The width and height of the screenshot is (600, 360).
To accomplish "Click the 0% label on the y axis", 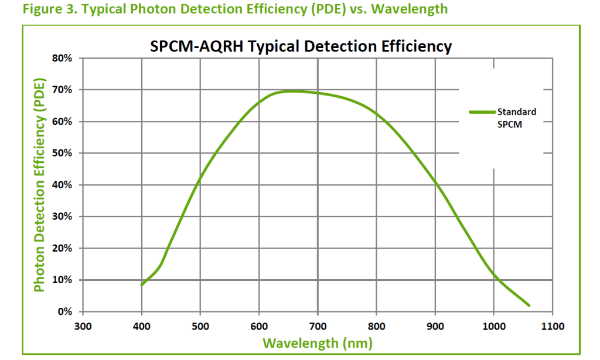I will tap(64, 311).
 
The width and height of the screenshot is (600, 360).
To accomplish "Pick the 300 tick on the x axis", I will tap(83, 326).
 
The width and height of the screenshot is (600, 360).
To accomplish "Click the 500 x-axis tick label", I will tap(200, 326).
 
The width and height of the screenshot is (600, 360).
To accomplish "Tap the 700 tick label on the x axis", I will tap(318, 326).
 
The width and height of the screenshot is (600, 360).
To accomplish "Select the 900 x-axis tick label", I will tap(435, 326).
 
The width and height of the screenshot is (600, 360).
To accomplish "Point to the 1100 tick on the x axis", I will tap(552, 326).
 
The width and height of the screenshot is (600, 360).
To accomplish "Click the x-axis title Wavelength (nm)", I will tap(317, 343).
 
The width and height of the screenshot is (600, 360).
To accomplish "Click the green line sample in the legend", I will tap(482, 111).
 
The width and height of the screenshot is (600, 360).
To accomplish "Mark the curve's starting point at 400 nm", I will tap(142, 285).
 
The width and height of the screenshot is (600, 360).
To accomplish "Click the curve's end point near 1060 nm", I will tap(529, 305).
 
